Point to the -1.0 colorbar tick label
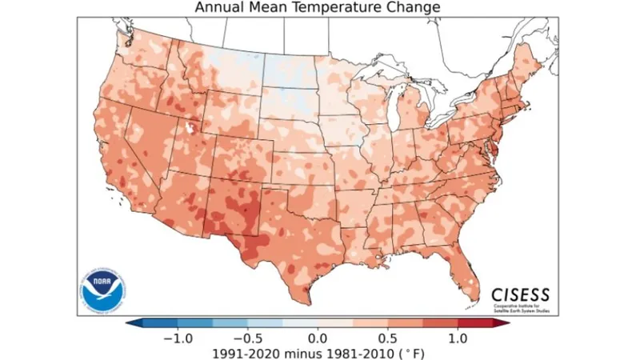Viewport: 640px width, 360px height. pos(177,338)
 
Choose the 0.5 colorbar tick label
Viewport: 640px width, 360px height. pos(389,338)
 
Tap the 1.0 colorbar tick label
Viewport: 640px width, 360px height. pos(458,338)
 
